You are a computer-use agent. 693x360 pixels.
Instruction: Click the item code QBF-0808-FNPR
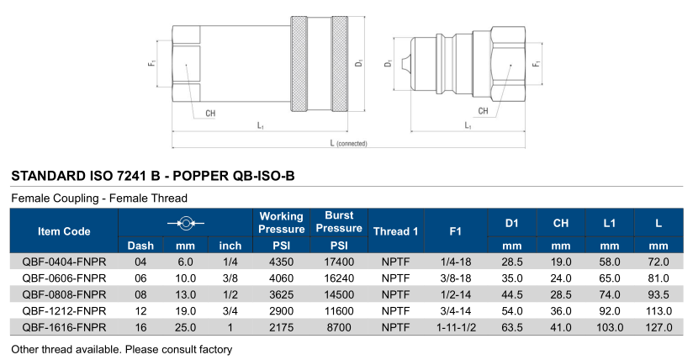64,294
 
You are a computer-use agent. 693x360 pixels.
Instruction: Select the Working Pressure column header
281,223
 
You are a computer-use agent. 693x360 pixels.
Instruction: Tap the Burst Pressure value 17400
339,262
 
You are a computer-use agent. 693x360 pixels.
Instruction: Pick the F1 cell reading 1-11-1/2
456,327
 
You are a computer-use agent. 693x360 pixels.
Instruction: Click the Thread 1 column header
395,230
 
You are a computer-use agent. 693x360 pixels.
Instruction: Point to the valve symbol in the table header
185,223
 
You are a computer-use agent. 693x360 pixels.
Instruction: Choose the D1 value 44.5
512,294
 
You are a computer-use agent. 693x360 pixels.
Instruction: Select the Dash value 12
140,310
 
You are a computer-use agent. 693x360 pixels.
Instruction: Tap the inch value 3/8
230,278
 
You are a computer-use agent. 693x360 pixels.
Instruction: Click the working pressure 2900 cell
281,310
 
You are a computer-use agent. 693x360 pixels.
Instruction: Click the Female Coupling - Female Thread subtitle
98,198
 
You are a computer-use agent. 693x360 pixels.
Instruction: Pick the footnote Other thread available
121,347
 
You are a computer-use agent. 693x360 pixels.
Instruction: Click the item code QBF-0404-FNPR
64,262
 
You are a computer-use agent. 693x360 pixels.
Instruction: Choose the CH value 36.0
561,310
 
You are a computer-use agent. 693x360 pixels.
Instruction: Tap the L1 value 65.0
610,278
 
